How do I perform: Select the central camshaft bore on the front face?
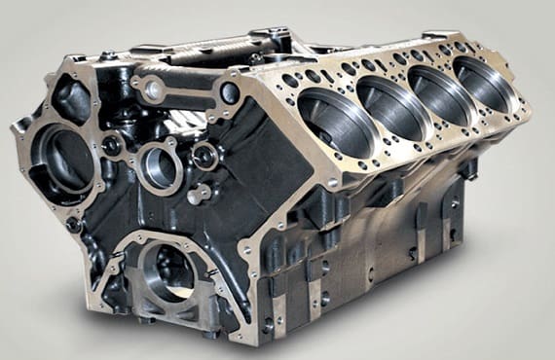pyautogui.click(x=159, y=166)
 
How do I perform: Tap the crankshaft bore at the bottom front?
pyautogui.click(x=167, y=270)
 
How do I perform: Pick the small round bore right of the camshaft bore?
pyautogui.click(x=205, y=156)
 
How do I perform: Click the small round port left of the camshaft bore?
pyautogui.click(x=114, y=147)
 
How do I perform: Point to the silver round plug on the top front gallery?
pyautogui.click(x=152, y=90)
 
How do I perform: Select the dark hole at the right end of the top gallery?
pyautogui.click(x=230, y=93)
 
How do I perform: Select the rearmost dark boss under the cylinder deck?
pyautogui.click(x=465, y=165)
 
